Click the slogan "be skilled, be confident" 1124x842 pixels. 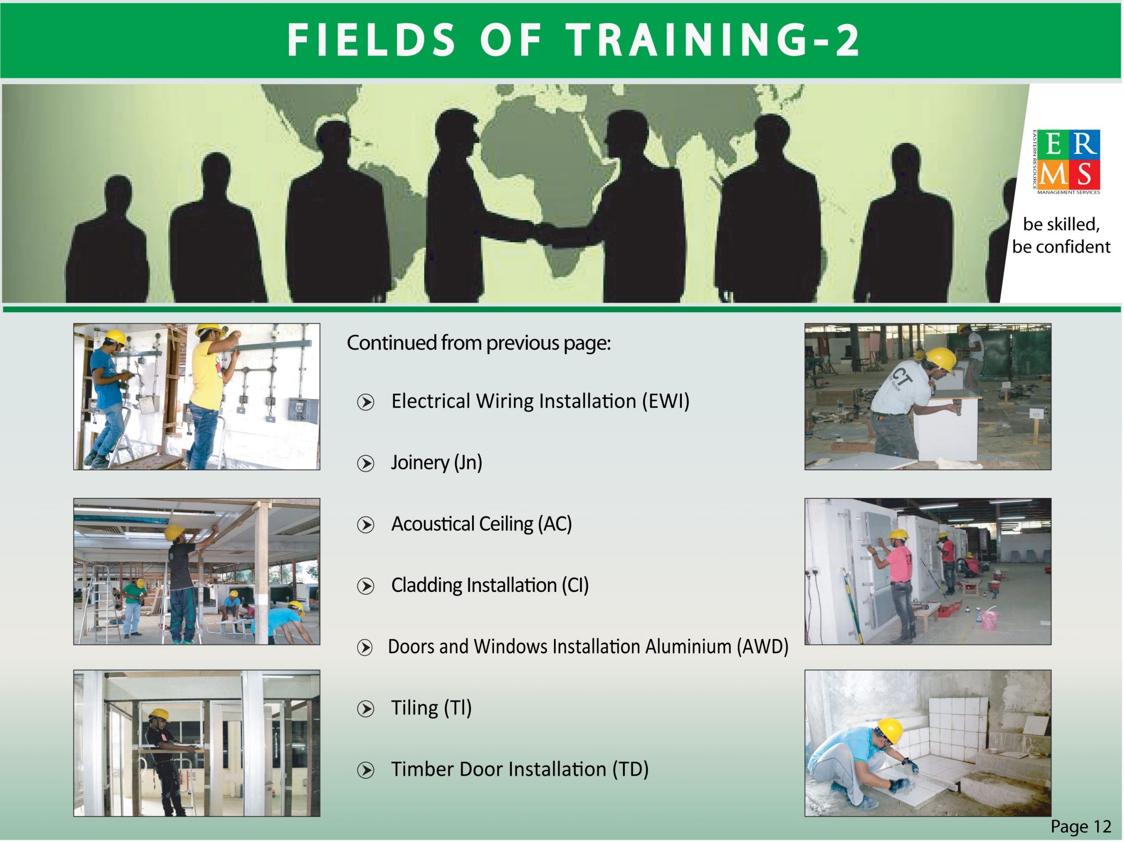pos(1061,236)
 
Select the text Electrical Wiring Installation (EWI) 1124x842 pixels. pos(540,401)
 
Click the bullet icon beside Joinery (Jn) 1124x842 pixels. pos(365,463)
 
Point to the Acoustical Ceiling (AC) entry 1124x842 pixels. pos(481,524)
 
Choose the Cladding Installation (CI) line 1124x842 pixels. pos(490,585)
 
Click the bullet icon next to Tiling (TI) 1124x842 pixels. pos(365,709)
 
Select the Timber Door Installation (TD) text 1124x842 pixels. pos(519,769)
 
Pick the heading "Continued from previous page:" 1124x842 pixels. pos(478,343)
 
